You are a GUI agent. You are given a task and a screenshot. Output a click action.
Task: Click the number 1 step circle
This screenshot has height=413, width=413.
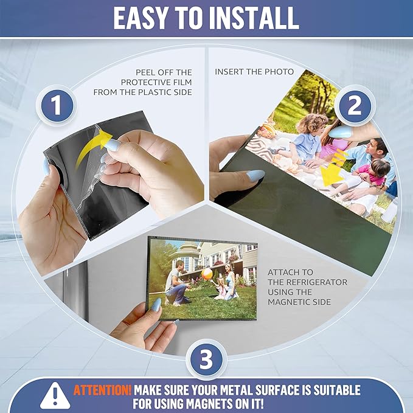tap(57, 107)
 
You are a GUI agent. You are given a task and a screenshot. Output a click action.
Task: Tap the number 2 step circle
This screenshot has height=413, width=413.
tap(354, 107)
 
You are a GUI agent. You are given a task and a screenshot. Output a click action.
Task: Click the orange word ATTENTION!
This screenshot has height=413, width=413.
tap(102, 389)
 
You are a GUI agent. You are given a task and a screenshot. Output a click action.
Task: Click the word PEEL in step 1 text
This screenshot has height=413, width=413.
tap(145, 71)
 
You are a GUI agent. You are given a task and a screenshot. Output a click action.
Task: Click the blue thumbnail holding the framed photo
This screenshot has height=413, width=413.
tap(155, 305)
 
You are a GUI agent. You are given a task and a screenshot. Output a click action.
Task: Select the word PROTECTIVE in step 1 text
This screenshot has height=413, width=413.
tap(148, 82)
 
